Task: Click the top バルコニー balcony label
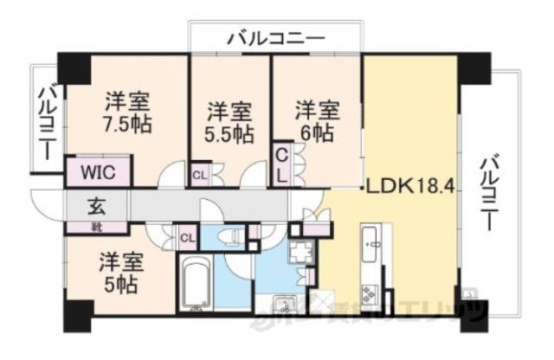pos(276,38)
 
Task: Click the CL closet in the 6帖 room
pos(282,164)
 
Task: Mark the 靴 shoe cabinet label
pos(96,227)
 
